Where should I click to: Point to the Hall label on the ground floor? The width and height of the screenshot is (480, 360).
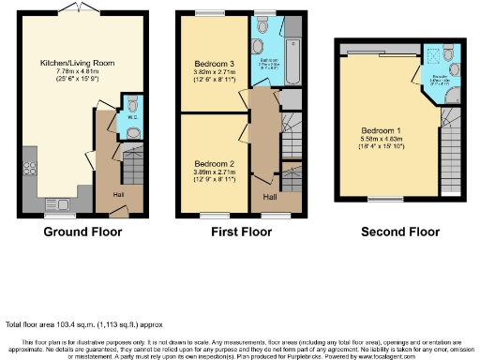tap(119, 194)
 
